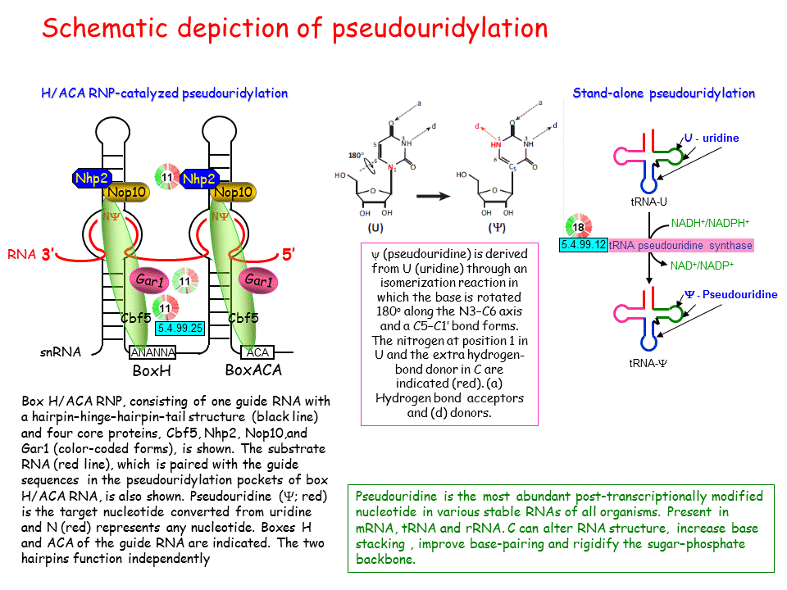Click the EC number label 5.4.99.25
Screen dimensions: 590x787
(179, 327)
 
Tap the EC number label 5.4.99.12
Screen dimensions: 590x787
(584, 244)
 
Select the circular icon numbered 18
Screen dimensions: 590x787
(577, 225)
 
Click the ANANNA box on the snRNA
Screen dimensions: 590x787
(152, 353)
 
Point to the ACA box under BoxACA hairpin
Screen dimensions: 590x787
(257, 353)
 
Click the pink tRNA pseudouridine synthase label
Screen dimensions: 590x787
(680, 245)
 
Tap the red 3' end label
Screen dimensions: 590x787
(52, 255)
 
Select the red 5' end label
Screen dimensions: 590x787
(289, 255)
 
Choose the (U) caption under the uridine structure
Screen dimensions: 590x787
(376, 227)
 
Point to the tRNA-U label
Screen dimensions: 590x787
(648, 202)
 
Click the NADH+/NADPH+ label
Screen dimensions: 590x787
(710, 223)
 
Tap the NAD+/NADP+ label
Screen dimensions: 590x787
(703, 265)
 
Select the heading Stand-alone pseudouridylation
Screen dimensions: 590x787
(663, 93)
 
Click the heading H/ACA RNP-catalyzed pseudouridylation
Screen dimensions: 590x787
(164, 93)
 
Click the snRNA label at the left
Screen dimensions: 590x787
(61, 352)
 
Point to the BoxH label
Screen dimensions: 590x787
(152, 370)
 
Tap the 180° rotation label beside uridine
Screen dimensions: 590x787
(356, 155)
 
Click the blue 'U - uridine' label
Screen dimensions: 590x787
(712, 138)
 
